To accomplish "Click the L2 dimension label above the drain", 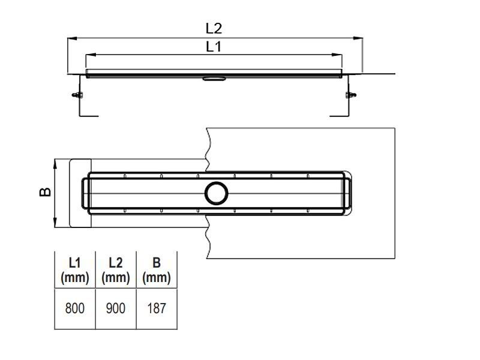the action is click(214, 28).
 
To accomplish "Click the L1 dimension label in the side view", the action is click(214, 47).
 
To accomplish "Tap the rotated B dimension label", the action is click(46, 192).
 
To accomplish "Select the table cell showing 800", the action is click(74, 308).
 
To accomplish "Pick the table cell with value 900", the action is click(115, 308).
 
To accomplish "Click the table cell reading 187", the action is click(157, 308).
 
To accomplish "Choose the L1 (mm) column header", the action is click(74, 271).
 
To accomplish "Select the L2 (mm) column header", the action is click(115, 271).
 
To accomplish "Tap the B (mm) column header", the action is click(157, 271).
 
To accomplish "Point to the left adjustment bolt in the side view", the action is click(78, 95).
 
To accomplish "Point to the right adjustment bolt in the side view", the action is click(351, 95).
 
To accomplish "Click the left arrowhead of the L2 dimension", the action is click(72, 38).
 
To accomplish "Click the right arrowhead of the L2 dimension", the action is click(358, 38).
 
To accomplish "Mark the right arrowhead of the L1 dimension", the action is click(337, 55).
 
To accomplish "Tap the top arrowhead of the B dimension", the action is click(55, 164).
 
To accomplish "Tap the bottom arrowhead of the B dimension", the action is click(55, 223).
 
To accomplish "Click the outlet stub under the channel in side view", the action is click(214, 79).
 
